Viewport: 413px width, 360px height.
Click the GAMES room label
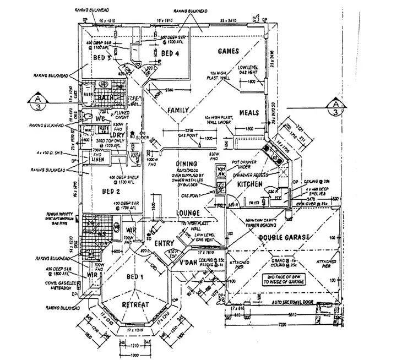[x=228, y=51]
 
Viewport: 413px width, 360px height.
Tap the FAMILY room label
[x=178, y=110]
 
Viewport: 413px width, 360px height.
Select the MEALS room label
[x=249, y=113]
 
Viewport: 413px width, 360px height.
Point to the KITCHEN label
[x=249, y=184]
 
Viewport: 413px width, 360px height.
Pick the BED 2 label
[x=111, y=191]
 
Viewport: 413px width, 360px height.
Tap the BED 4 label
[x=170, y=53]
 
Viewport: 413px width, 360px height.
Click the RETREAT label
[x=137, y=304]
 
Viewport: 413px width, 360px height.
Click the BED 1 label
[x=134, y=277]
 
